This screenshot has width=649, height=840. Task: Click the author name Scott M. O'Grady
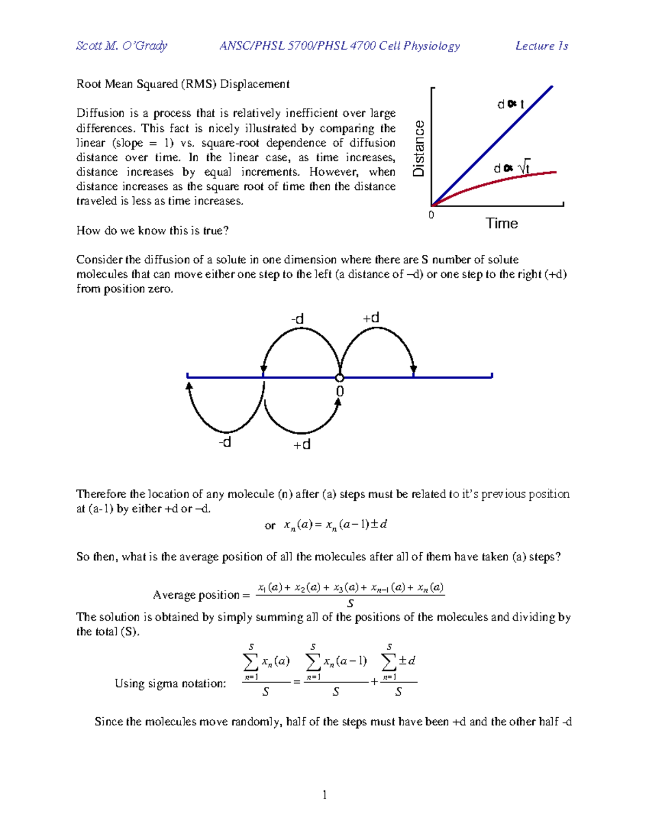(122, 46)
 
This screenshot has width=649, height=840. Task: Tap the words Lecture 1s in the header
(541, 46)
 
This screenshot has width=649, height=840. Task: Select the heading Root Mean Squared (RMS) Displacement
(183, 84)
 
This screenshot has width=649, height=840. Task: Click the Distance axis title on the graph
(419, 149)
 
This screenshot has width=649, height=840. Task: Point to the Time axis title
(501, 223)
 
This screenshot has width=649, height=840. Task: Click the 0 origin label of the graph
(431, 215)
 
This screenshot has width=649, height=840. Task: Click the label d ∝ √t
(512, 168)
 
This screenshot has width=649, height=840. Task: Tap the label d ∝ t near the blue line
(511, 104)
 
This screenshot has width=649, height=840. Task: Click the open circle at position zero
(340, 378)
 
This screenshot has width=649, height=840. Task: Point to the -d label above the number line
(297, 319)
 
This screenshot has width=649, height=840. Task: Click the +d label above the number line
(370, 318)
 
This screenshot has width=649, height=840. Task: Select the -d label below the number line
(224, 442)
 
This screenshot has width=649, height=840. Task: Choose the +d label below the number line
(302, 445)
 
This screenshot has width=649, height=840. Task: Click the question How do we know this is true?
(153, 230)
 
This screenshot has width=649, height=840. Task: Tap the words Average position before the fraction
(196, 595)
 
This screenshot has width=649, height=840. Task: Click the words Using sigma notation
(170, 683)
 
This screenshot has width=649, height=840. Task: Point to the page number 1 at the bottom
(325, 795)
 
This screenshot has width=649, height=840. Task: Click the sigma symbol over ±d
(389, 661)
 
